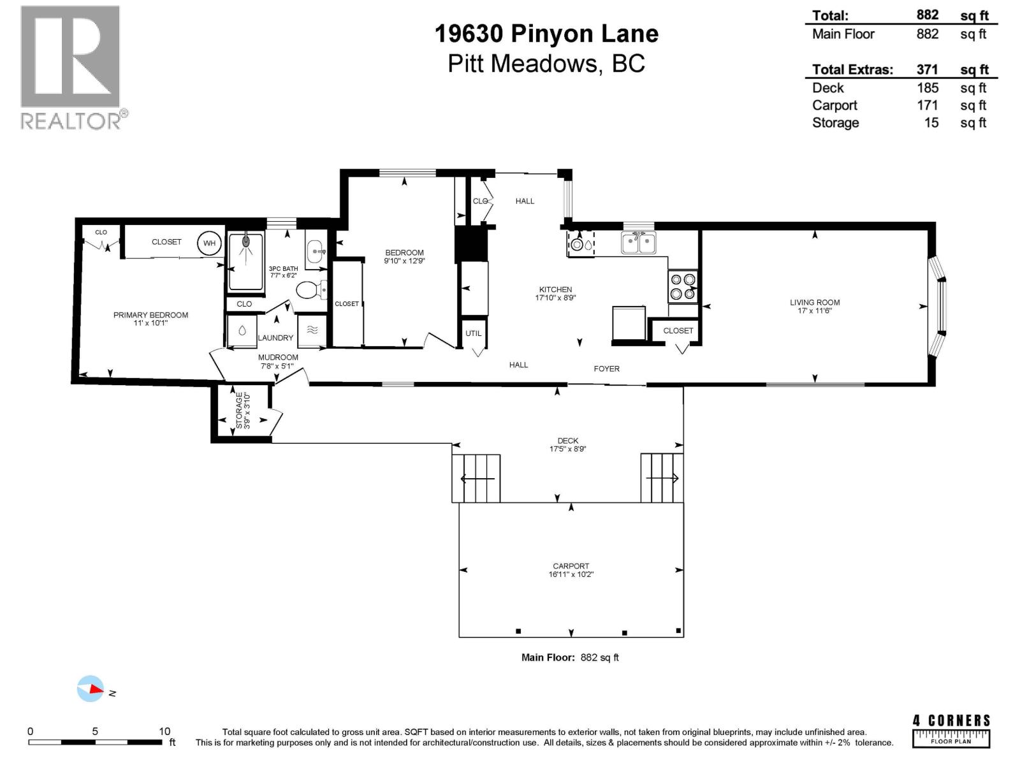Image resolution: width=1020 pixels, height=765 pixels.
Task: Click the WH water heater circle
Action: [210, 243]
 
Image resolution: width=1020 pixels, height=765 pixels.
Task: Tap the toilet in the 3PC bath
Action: [309, 291]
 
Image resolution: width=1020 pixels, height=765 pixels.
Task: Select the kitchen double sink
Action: [639, 243]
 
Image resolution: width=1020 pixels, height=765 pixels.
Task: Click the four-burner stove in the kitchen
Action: [683, 286]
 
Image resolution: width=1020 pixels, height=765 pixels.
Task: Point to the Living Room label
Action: [815, 303]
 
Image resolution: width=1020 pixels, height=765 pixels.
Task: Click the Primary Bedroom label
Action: [150, 315]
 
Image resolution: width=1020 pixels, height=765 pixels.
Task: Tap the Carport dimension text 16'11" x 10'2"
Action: [571, 574]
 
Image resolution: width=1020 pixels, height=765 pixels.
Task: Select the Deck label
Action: [567, 441]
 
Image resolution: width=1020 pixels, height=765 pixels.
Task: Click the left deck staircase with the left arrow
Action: [476, 478]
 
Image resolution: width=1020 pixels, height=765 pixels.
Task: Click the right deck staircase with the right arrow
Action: [662, 478]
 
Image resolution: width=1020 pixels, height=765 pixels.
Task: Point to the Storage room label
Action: [240, 411]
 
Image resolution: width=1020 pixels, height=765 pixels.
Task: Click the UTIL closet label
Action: [473, 333]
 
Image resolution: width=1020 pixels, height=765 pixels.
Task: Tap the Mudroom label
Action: [278, 358]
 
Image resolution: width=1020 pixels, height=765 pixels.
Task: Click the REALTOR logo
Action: [71, 67]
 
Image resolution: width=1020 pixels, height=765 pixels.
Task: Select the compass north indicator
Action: [91, 689]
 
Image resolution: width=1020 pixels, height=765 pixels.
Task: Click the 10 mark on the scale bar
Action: [164, 732]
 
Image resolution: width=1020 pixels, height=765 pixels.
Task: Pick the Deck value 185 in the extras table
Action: [928, 88]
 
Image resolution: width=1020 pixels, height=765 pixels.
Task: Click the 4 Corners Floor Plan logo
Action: [951, 731]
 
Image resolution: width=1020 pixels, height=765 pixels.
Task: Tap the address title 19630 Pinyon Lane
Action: [546, 34]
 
